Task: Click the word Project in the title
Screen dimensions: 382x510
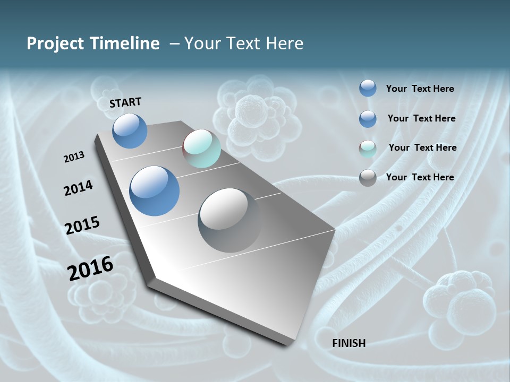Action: [54, 44]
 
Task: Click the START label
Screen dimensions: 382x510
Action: [125, 102]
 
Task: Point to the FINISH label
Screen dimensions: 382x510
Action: [348, 343]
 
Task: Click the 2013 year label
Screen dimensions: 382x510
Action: [74, 157]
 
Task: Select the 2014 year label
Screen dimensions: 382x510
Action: [78, 188]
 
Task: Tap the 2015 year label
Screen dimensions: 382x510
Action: [82, 225]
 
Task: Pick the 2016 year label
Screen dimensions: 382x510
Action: [90, 268]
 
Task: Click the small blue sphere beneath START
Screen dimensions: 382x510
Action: [130, 131]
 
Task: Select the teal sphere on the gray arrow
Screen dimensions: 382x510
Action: [201, 148]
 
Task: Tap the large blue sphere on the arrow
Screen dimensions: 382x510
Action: [154, 191]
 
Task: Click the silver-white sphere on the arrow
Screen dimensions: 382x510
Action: [229, 220]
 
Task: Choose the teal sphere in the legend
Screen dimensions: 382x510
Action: [368, 149]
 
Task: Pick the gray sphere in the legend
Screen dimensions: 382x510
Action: [368, 178]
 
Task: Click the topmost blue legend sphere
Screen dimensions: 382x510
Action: [368, 88]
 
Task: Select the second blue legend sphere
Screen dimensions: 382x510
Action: [368, 119]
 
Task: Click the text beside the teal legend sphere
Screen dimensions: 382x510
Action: [422, 147]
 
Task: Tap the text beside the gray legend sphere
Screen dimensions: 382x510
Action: [420, 177]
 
